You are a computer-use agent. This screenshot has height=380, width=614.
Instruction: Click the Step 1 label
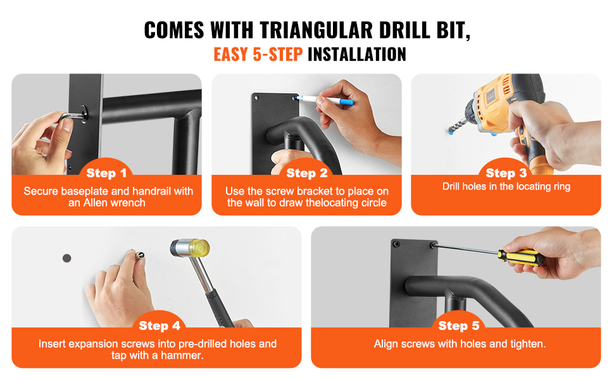pos(106,173)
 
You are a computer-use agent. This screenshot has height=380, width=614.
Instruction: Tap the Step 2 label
pos(306,173)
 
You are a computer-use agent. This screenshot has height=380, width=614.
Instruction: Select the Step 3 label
pos(506,173)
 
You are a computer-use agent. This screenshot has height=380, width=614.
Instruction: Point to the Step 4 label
pos(160,326)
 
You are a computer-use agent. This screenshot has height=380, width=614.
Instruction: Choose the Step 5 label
pos(458,326)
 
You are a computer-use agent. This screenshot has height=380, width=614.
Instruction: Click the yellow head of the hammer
pos(199,249)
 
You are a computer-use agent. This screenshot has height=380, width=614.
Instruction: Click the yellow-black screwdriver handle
pos(521,257)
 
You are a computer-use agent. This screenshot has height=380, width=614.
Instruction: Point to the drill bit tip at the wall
pos(451,132)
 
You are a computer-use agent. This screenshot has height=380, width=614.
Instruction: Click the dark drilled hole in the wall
pos(67,258)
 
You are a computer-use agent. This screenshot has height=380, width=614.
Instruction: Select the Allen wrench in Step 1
pos(73,117)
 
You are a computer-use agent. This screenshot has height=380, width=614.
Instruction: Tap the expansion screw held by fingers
pos(140,255)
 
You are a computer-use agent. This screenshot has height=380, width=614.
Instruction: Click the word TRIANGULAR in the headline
pos(316,30)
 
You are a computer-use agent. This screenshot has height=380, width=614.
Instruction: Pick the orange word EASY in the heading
pos(230,54)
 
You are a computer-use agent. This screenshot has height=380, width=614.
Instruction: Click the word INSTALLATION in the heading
pos(357,54)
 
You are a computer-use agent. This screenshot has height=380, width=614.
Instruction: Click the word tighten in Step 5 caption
pos(527,344)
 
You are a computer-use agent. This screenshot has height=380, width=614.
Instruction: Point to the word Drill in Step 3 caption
pos(451,186)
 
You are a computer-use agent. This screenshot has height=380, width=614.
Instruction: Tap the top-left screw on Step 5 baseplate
pos(396,244)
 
